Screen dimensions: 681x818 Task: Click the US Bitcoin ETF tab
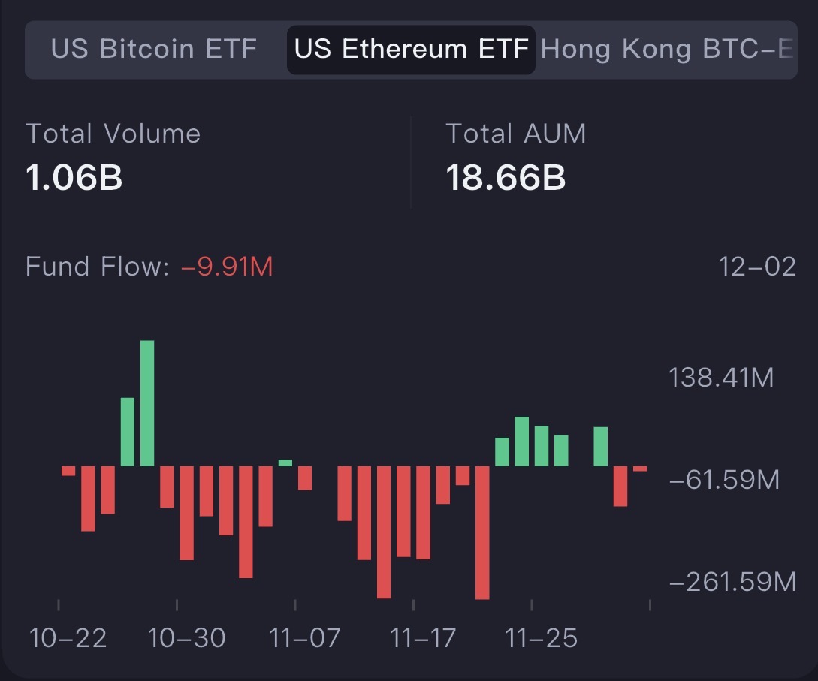154,50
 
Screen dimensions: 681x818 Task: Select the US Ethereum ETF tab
411,50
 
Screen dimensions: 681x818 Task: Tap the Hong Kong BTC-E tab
667,50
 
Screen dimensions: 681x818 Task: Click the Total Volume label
113,134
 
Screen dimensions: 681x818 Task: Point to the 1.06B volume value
74,178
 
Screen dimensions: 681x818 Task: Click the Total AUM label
515,134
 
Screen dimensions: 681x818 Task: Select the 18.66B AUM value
506,178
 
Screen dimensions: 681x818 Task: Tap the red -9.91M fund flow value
227,267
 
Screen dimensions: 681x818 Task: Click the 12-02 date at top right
756,267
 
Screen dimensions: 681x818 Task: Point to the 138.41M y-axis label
721,377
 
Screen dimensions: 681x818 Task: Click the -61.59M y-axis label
724,479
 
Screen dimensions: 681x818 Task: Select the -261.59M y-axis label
732,581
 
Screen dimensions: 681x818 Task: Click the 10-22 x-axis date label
68,638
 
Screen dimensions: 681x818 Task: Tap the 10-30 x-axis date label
186,638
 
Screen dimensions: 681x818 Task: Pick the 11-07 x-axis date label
305,638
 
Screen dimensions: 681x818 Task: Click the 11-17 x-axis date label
423,638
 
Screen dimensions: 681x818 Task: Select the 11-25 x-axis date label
542,638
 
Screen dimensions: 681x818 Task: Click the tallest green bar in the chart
147,403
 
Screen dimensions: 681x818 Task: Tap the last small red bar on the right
640,469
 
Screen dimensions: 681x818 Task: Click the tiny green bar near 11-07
285,463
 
